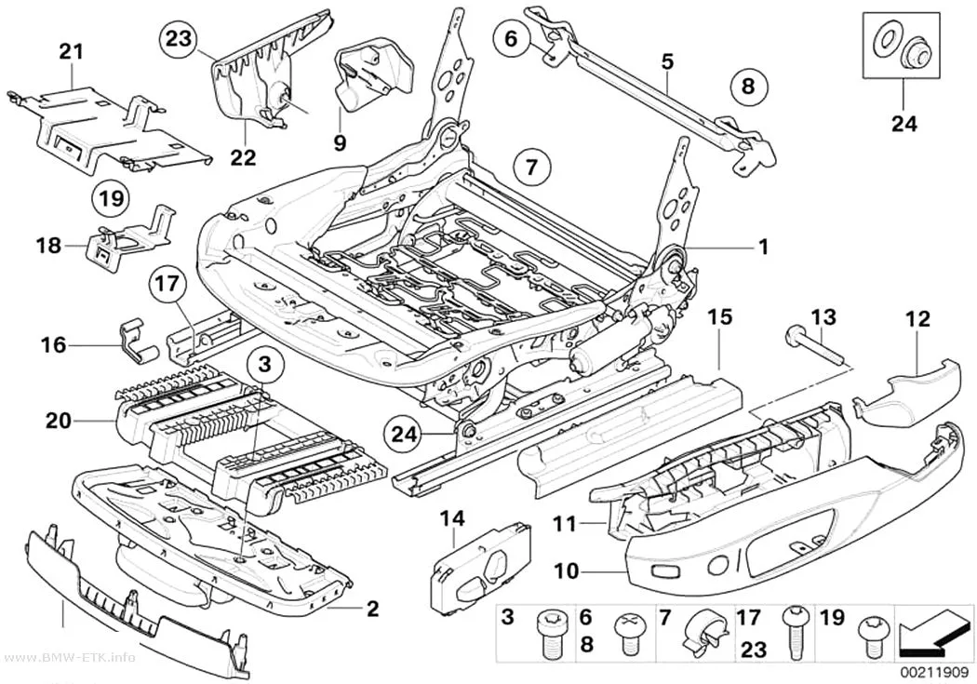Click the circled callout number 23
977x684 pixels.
(178, 39)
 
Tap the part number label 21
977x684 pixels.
(71, 51)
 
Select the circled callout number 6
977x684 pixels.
(511, 39)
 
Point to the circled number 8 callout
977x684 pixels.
(748, 87)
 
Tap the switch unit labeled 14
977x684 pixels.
(480, 564)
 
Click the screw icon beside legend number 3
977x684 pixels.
(550, 634)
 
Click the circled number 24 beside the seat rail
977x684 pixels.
(403, 435)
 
